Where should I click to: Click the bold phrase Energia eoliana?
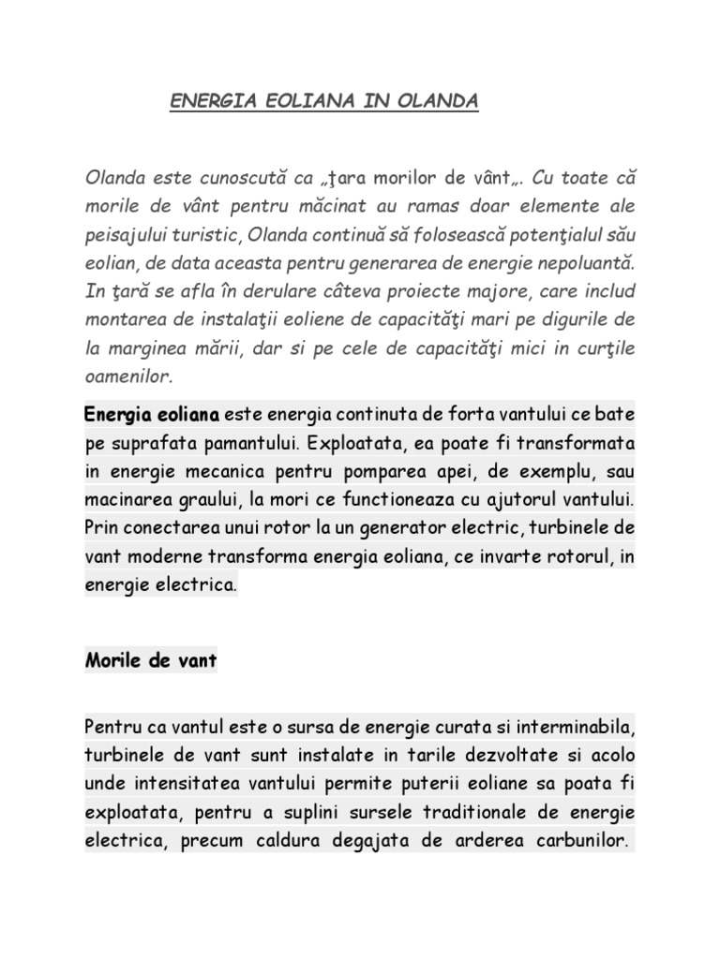pos(153,413)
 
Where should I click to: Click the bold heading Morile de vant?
pos(151,661)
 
